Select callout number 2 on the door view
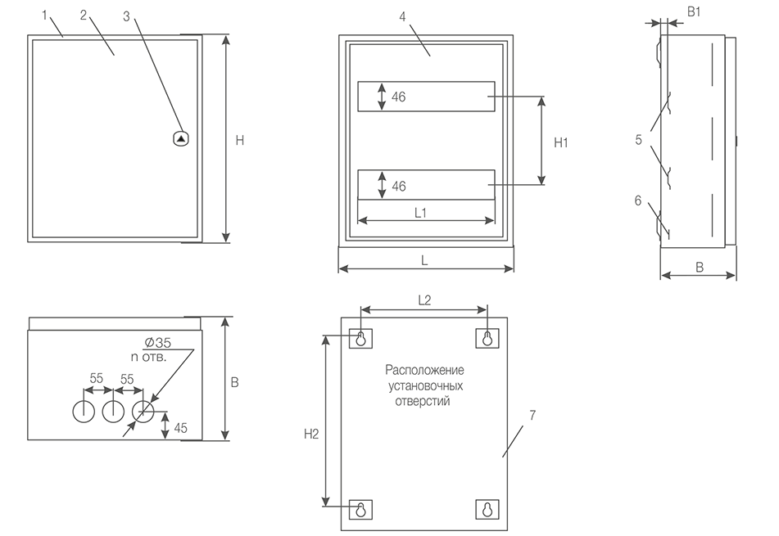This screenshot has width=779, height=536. [x=84, y=16]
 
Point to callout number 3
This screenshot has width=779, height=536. [x=126, y=16]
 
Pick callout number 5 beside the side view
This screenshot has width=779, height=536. [x=638, y=139]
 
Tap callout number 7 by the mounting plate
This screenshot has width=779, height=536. [x=532, y=415]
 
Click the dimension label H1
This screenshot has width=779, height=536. [x=561, y=142]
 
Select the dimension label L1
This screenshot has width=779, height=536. [x=421, y=213]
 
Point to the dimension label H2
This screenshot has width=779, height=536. [x=310, y=435]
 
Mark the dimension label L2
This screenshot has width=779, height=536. [x=424, y=300]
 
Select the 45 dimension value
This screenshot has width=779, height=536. [x=181, y=426]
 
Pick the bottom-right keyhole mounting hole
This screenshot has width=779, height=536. [x=487, y=508]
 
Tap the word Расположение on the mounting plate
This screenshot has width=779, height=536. [x=424, y=371]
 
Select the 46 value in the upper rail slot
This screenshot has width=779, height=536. [x=399, y=97]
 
